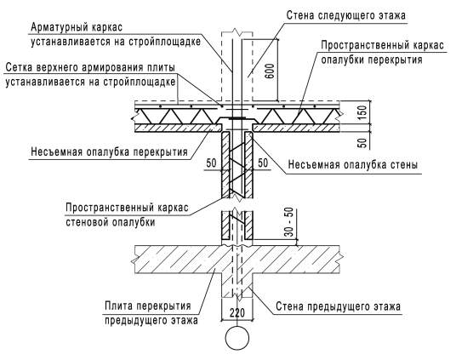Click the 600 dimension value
[x=270, y=71]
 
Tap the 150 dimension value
[x=362, y=112]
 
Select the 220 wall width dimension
[x=237, y=313]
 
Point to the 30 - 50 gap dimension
[x=289, y=222]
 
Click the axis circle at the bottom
[x=237, y=338]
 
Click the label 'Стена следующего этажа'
[x=345, y=15]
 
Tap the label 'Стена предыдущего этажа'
[x=338, y=306]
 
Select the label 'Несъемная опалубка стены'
[x=353, y=165]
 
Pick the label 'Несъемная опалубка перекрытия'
[x=109, y=152]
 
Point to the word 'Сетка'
[x=19, y=67]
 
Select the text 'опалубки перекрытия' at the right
[x=372, y=60]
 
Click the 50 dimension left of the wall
[x=212, y=163]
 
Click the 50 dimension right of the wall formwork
[x=263, y=163]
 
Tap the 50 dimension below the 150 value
[x=362, y=143]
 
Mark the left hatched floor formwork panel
[x=179, y=128]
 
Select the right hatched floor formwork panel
[x=296, y=128]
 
